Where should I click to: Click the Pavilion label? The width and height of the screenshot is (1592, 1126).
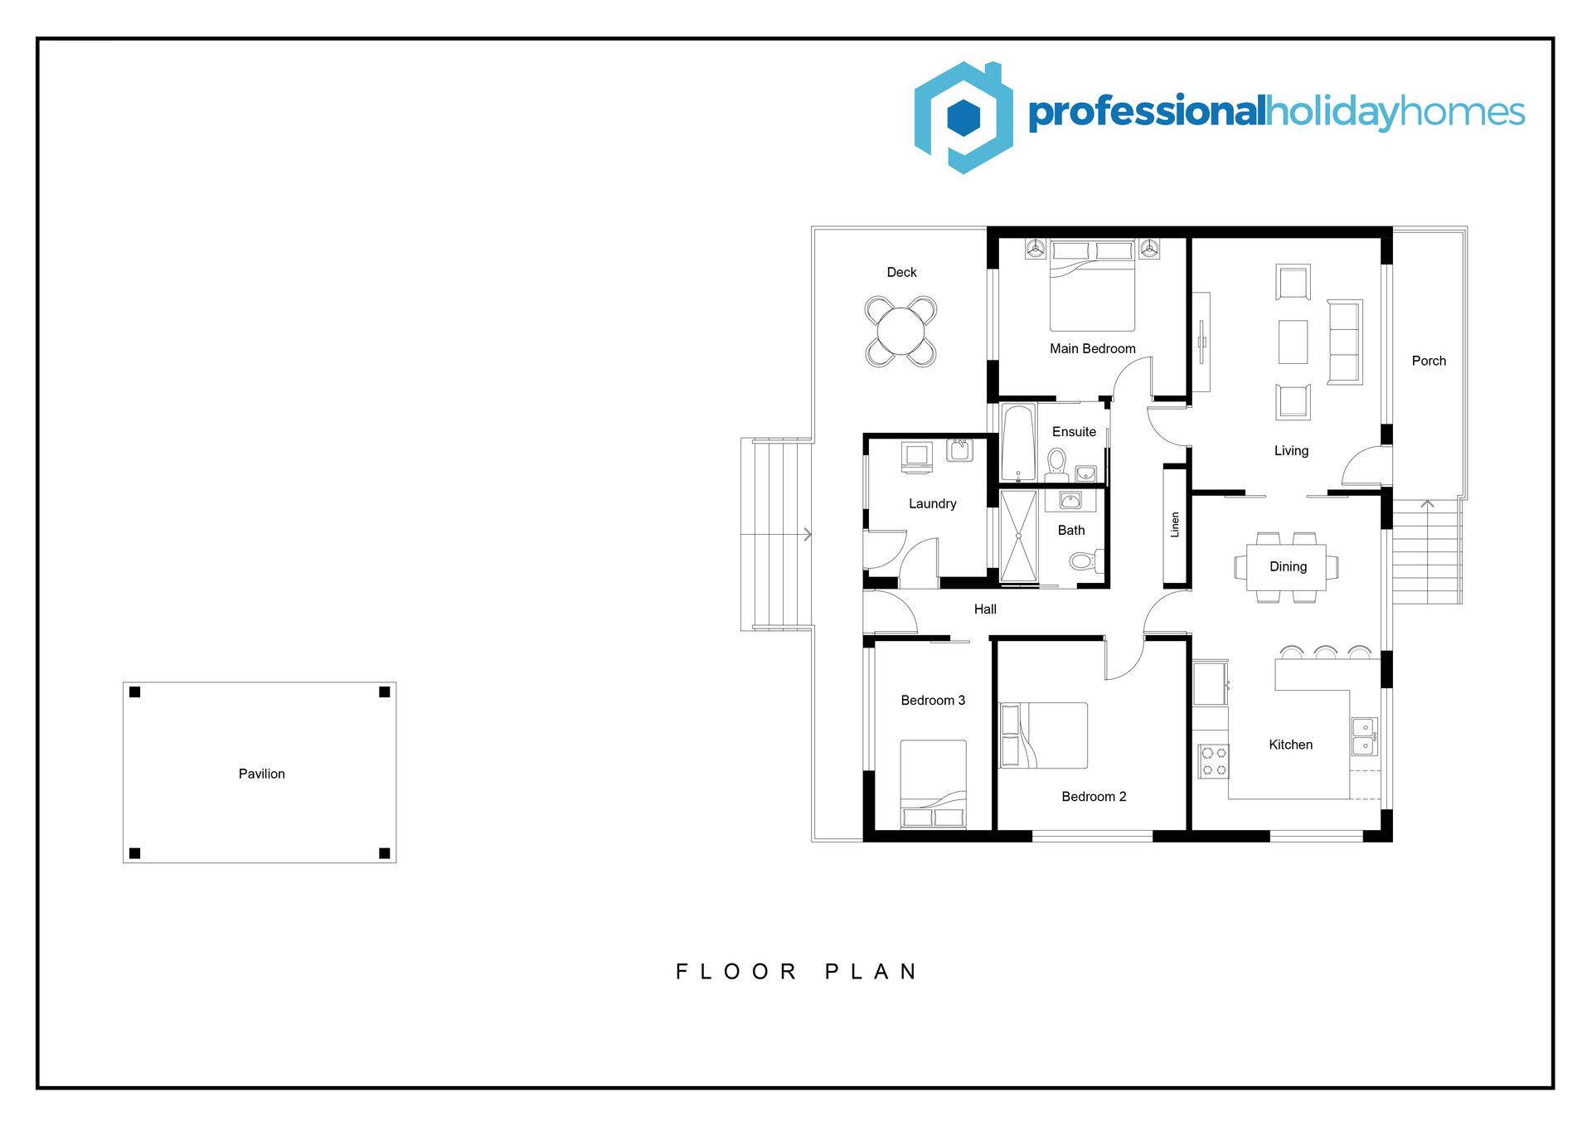tap(261, 774)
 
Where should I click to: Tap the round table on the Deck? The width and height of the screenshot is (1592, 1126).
tap(900, 331)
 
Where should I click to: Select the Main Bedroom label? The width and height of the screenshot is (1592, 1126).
tap(1092, 348)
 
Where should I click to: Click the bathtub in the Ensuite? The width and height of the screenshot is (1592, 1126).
tap(1018, 442)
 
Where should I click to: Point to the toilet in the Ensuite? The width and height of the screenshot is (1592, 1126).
tap(1056, 465)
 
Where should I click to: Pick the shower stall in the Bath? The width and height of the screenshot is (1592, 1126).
tap(1018, 536)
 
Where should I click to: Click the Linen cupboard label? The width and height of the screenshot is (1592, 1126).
tap(1174, 525)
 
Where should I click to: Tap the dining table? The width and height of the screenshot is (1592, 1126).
tap(1286, 567)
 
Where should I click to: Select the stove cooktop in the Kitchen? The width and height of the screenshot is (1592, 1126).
tap(1214, 761)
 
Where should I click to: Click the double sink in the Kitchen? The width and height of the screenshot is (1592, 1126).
tap(1364, 736)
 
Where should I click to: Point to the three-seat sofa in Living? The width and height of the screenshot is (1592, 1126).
tap(1345, 342)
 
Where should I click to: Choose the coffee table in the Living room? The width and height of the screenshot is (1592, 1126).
tap(1293, 342)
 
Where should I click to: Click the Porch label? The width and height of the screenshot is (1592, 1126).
tap(1429, 361)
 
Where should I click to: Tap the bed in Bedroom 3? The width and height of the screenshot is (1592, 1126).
tap(933, 784)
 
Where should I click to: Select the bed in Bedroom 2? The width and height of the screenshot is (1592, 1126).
tap(1044, 735)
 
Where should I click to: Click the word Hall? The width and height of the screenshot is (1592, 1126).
tap(985, 609)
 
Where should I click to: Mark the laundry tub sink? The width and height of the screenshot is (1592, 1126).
tap(960, 450)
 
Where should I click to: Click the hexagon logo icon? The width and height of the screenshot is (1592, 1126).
tap(963, 117)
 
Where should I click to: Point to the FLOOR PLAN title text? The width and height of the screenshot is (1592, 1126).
tap(796, 972)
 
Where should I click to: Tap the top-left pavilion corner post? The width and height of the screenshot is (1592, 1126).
tap(135, 692)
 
